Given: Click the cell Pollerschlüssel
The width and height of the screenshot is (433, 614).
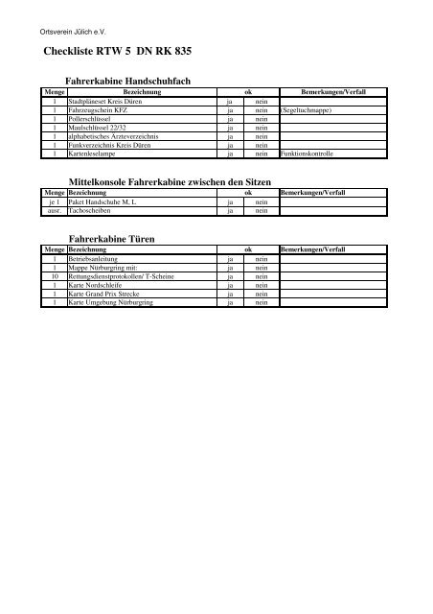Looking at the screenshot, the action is point(90,121).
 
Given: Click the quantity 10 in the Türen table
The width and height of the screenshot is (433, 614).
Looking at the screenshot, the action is point(55,275).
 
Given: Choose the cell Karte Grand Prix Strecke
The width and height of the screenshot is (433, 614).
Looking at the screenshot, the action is point(104,295).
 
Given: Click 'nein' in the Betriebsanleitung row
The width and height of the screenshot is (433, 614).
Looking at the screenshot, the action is point(260,257).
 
